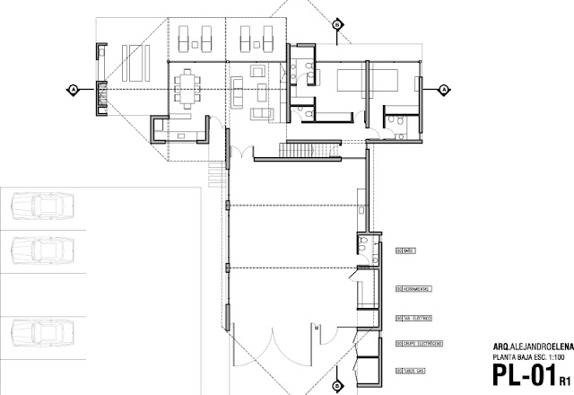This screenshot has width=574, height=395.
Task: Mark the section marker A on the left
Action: [72, 89]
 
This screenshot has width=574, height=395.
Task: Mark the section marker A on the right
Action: [443, 89]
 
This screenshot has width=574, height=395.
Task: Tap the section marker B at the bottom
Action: [336, 386]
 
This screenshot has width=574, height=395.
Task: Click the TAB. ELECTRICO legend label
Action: [413, 318]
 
